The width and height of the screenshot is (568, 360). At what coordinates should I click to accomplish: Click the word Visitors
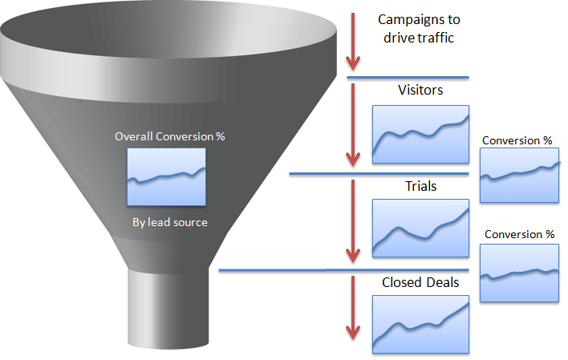point(420,90)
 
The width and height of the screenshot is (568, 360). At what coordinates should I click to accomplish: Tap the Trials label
point(420,186)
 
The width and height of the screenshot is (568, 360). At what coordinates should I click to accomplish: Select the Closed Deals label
point(420,282)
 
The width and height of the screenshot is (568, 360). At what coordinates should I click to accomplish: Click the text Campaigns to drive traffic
point(419,29)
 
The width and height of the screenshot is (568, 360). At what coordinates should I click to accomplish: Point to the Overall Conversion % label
point(169,136)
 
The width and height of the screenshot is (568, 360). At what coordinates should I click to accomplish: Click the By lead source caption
point(169,222)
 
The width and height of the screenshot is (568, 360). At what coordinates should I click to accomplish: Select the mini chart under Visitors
point(420,135)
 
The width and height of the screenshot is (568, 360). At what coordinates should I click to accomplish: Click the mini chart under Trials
point(420,229)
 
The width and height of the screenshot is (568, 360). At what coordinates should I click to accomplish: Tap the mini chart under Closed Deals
point(420,324)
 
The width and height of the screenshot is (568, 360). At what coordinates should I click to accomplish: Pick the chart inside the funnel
point(166,177)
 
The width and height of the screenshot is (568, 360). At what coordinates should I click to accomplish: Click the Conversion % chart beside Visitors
point(519,176)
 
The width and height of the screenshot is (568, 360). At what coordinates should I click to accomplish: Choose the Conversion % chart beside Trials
point(519,273)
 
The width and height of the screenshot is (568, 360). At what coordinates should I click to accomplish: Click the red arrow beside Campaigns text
point(353,42)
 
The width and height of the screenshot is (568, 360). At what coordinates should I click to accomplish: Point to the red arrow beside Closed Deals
point(353,308)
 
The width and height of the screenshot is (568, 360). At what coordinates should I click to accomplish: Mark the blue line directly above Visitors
point(408,78)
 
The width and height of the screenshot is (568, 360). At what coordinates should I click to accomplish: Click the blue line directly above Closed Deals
point(344,270)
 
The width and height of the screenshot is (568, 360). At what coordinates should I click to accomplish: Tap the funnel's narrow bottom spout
point(168,308)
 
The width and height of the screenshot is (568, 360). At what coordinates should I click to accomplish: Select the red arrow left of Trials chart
point(353,221)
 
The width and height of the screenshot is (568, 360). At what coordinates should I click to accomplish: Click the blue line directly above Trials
point(379,174)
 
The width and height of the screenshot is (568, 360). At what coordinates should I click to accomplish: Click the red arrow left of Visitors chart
point(353,125)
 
